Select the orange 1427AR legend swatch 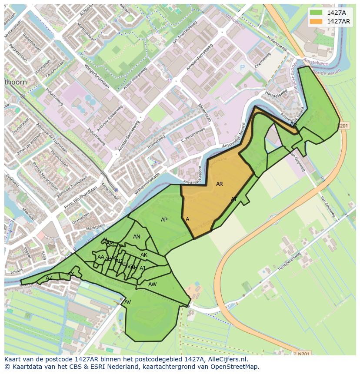click(317, 21)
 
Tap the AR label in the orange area click(220, 184)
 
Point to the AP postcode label click(164, 220)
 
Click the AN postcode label click(137, 237)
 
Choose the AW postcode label click(152, 285)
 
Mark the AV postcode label click(127, 302)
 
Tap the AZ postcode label click(49, 278)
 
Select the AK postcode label click(144, 255)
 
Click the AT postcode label click(234, 199)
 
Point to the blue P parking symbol click(243, 68)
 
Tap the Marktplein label click(95, 227)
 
